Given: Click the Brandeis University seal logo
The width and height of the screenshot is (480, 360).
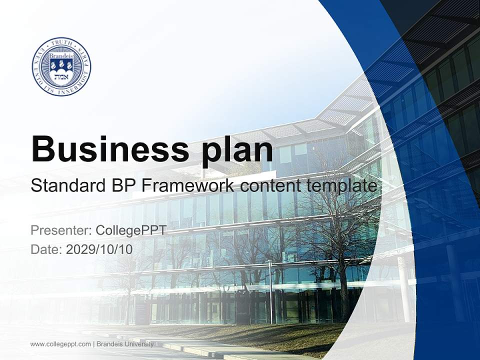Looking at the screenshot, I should tap(61, 66).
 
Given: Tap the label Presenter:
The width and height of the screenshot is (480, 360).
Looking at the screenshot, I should tap(60, 230).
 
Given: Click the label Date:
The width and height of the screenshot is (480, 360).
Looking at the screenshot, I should tap(46, 249).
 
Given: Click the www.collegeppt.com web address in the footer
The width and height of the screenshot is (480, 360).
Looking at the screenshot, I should tap(60, 344).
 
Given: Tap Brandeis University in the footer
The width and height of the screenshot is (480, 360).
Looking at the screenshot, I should tap(125, 344).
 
